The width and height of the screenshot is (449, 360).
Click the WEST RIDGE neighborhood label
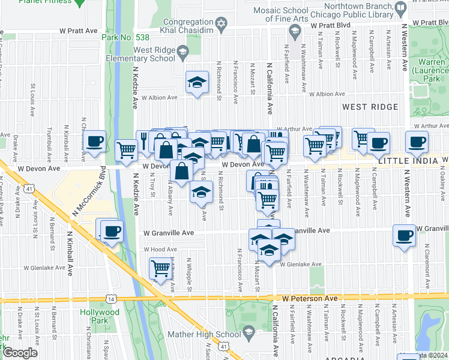[x=370, y=107]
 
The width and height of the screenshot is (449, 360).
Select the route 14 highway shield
[x=110, y=298]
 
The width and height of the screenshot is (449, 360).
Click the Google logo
[x=20, y=353]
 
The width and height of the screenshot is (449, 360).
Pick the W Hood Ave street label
[x=160, y=249]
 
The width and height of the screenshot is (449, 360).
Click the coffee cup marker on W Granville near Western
[x=405, y=235]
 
